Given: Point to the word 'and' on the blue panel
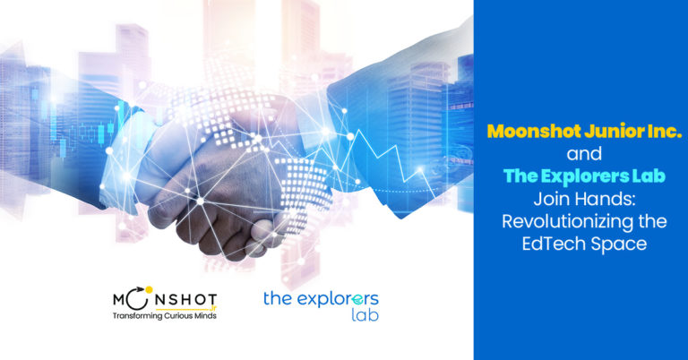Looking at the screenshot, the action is click(584, 154).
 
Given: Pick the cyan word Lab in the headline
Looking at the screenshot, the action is click(649, 176).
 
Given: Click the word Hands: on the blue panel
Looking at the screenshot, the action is click(604, 199).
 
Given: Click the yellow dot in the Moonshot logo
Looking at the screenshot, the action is click(149, 290).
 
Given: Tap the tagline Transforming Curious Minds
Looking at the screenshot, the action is click(165, 316).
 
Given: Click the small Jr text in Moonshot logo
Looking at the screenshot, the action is click(214, 308).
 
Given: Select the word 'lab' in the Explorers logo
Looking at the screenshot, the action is click(365, 314).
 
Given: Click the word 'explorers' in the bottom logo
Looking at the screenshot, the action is click(338, 299).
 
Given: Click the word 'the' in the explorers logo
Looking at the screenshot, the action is click(278, 298).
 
